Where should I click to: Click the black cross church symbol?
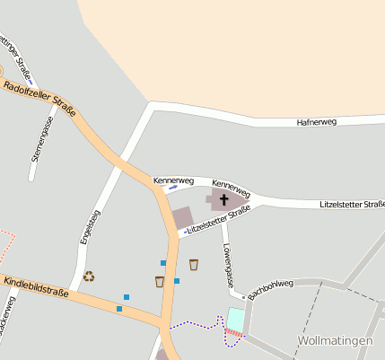223,199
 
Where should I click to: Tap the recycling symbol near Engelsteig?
89,277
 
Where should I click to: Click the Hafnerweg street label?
316,122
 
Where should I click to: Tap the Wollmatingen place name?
333,341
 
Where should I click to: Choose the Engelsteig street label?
83,227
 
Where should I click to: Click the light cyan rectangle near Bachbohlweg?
235,319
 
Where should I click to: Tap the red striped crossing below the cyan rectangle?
233,334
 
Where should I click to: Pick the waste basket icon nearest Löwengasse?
194,264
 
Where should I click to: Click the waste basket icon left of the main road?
159,281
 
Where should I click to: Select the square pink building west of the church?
182,218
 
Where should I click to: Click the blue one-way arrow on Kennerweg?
172,189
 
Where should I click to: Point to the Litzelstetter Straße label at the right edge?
352,205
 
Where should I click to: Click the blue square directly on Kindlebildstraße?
118,309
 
